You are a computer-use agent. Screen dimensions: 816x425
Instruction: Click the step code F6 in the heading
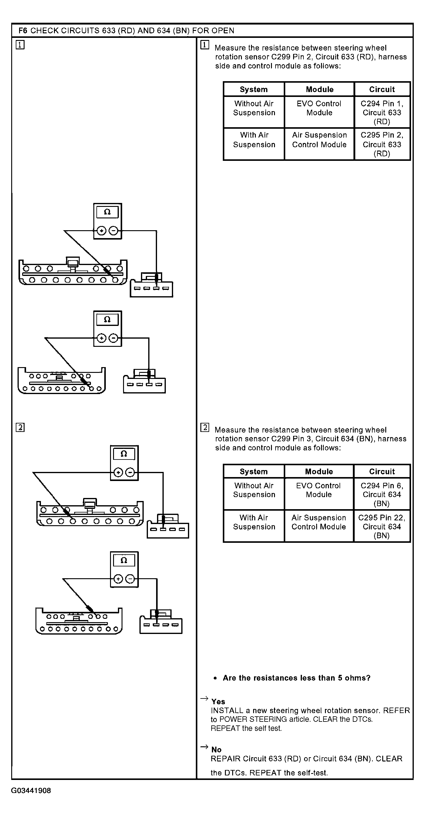[22, 31]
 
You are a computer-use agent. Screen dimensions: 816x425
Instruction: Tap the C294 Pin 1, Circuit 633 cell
[382, 112]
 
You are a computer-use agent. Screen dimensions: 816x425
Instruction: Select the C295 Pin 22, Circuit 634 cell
[382, 526]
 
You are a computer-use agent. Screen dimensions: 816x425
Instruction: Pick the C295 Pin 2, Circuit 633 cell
[382, 144]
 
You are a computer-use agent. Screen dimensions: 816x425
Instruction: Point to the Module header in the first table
[320, 89]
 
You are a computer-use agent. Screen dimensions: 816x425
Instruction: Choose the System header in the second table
[253, 471]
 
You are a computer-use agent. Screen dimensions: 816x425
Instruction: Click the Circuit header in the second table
[382, 471]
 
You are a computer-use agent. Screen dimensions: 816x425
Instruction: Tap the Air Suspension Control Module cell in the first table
[319, 140]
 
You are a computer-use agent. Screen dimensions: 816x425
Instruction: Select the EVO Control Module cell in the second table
[319, 490]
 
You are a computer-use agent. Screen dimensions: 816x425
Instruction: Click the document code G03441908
[31, 791]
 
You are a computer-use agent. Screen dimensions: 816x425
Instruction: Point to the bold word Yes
[218, 702]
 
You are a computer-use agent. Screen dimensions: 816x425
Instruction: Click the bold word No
[216, 749]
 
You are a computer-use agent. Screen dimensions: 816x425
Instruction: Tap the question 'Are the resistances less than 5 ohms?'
[296, 678]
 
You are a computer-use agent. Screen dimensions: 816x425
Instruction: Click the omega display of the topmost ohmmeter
[107, 212]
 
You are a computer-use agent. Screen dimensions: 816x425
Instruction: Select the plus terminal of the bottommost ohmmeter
[118, 579]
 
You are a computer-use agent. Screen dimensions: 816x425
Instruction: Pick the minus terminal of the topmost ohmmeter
[113, 231]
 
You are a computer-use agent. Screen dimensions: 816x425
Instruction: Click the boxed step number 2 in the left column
[20, 428]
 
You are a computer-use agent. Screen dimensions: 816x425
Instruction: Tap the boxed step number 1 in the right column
[205, 45]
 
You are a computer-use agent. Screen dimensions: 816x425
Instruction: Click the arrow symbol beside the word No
[204, 747]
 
